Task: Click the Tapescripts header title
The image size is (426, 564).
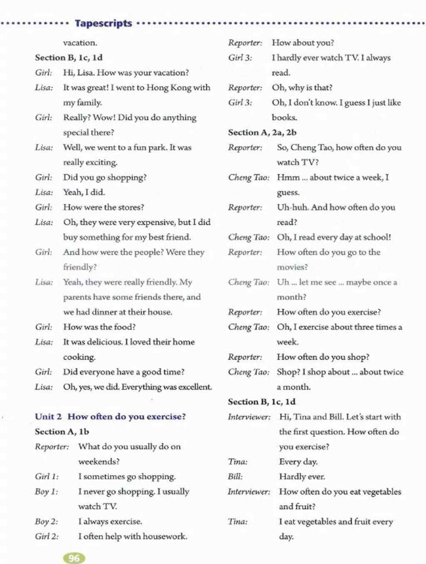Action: [104, 23]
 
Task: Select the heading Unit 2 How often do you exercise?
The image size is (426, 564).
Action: [110, 417]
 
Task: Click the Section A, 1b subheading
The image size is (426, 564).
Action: [62, 432]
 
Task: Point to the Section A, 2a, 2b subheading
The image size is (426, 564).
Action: [262, 132]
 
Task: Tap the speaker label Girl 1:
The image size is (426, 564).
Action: [47, 477]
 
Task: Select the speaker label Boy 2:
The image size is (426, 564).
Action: [47, 522]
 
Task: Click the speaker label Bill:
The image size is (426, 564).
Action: [235, 477]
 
